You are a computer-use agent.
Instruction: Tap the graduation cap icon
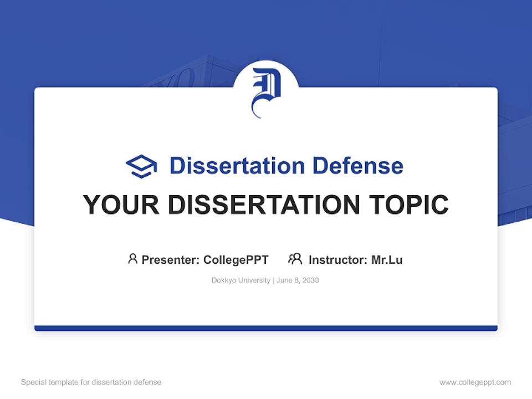(141, 166)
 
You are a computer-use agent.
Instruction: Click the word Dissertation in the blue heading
(237, 166)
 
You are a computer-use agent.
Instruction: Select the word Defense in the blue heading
(358, 166)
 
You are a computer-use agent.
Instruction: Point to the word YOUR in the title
(121, 204)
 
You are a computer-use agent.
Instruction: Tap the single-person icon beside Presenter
(132, 259)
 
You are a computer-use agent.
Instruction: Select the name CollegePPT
(236, 260)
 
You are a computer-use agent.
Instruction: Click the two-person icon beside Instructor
(295, 259)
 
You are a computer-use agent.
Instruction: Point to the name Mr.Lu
(387, 260)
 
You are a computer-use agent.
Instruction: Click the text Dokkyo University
(241, 280)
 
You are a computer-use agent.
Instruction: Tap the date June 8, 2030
(298, 280)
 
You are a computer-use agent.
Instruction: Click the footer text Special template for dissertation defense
(91, 382)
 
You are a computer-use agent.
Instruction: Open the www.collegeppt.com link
(475, 382)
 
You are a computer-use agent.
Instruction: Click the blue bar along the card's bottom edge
(266, 328)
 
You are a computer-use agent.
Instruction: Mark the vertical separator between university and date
(273, 280)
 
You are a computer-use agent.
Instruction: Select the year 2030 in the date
(310, 280)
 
